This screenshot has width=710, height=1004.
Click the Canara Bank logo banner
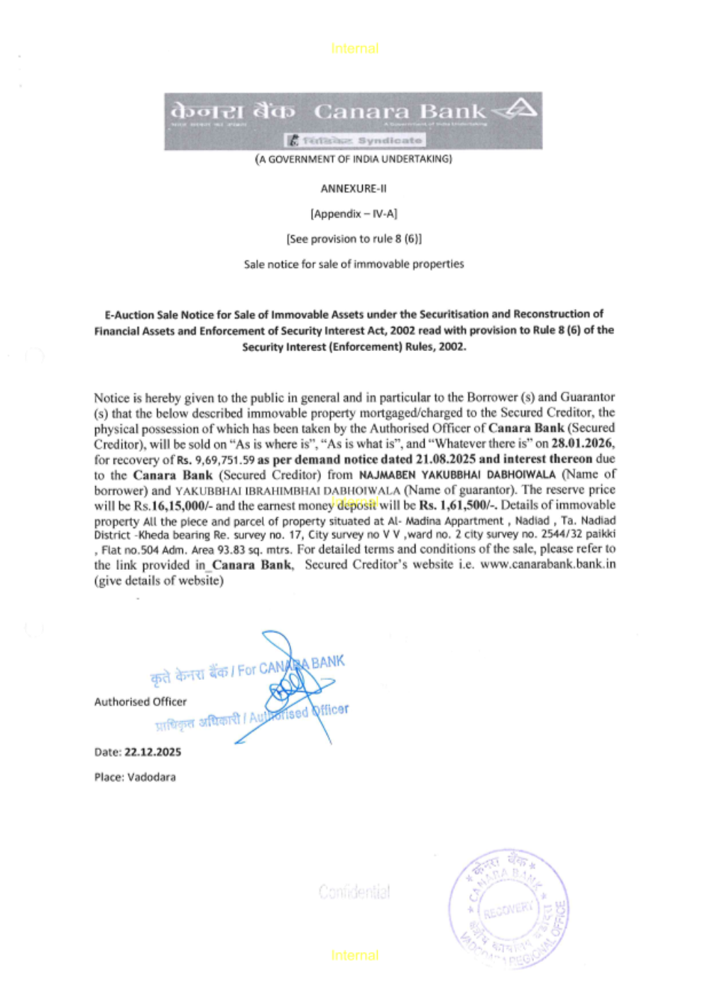tap(353, 120)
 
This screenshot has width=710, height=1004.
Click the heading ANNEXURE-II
tap(354, 188)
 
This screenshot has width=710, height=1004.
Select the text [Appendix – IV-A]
tap(354, 214)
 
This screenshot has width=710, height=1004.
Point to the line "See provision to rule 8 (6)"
tap(354, 239)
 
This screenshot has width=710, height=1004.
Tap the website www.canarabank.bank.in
tap(547, 564)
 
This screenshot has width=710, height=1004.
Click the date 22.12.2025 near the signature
tap(153, 752)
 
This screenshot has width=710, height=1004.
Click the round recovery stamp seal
tap(508, 908)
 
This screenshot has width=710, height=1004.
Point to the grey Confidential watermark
tap(354, 892)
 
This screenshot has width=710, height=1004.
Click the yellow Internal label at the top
tap(354, 48)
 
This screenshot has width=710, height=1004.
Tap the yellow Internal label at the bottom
tap(354, 956)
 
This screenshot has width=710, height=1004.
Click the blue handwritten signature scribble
tap(291, 682)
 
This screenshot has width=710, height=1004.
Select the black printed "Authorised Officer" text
tap(141, 702)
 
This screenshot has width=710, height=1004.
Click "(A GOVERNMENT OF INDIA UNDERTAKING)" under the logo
tap(354, 159)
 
